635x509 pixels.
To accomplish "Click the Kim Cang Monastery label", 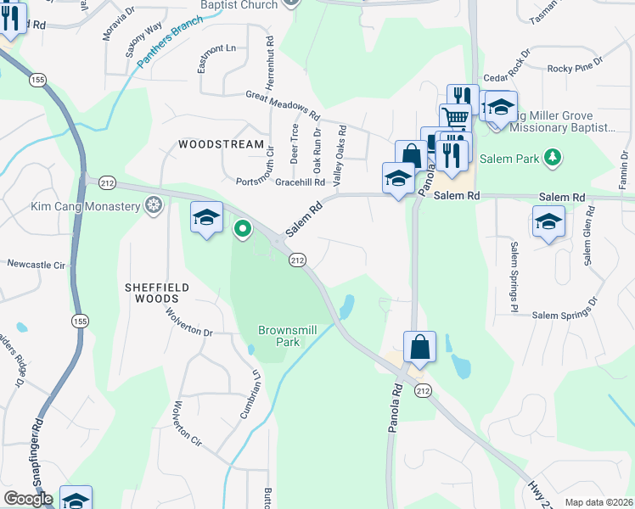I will (86, 205).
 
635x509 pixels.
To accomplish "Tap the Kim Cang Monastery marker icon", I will (153, 204).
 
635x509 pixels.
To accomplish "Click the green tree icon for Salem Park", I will (554, 157).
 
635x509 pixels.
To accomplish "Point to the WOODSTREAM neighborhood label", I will (222, 144).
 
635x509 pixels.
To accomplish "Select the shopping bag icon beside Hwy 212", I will (419, 347).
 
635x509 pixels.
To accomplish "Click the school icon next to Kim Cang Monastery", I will (206, 218).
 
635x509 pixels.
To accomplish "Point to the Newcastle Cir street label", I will (36, 265).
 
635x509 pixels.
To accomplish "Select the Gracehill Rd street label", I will (301, 182).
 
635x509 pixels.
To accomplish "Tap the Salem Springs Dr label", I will (563, 314).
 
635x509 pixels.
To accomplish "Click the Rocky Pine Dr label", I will (575, 69).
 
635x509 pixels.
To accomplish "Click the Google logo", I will (28, 499).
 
